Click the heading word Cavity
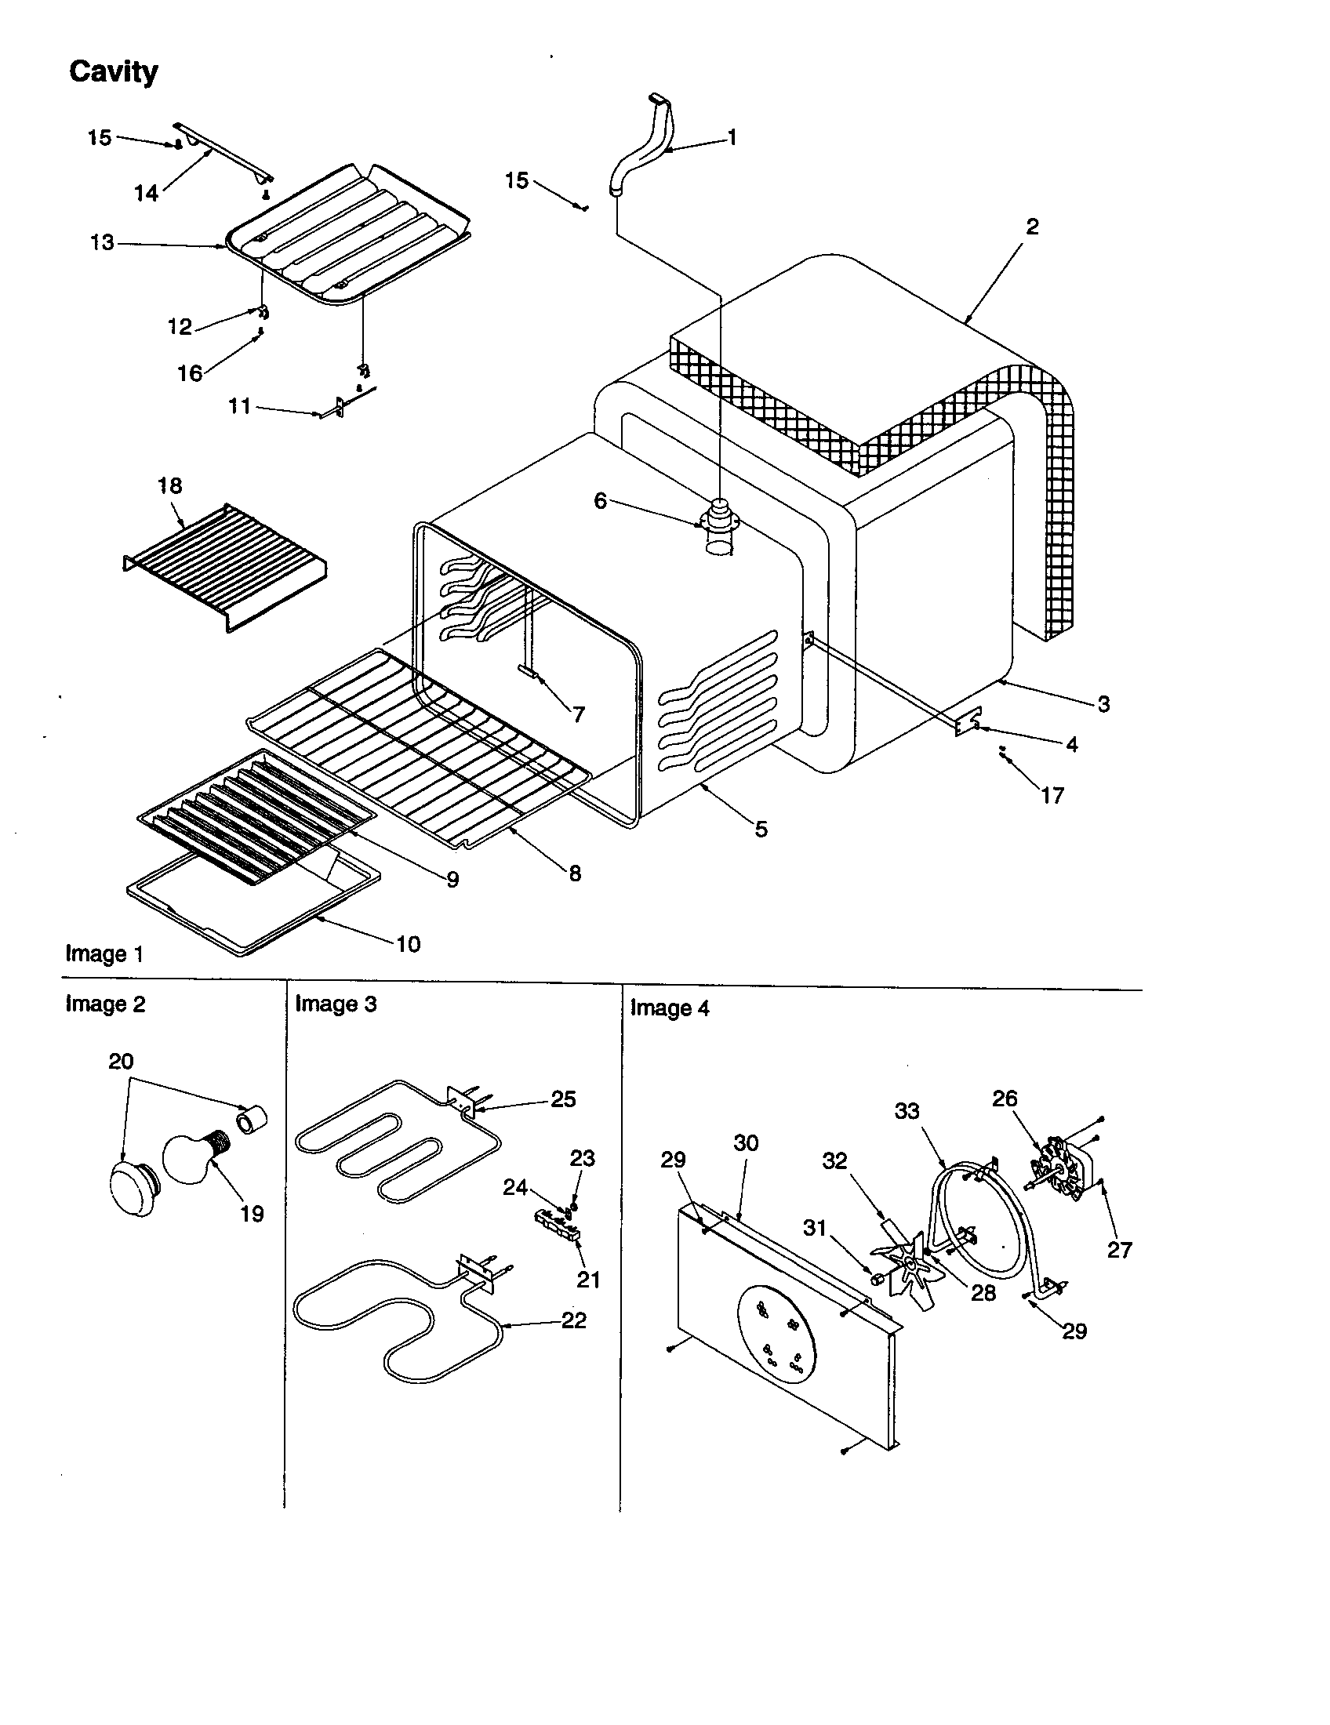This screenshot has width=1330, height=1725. point(113,72)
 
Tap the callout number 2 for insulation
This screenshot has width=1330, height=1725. point(1032,227)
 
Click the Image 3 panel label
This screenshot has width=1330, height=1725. point(336,1004)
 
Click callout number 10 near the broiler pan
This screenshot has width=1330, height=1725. point(408,943)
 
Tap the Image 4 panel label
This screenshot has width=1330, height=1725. point(669,1008)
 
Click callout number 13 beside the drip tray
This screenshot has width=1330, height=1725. point(102,242)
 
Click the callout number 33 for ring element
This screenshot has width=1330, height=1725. point(907,1111)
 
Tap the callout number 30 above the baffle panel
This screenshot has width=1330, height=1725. point(746,1143)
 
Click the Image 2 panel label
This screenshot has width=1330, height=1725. point(105,1004)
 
